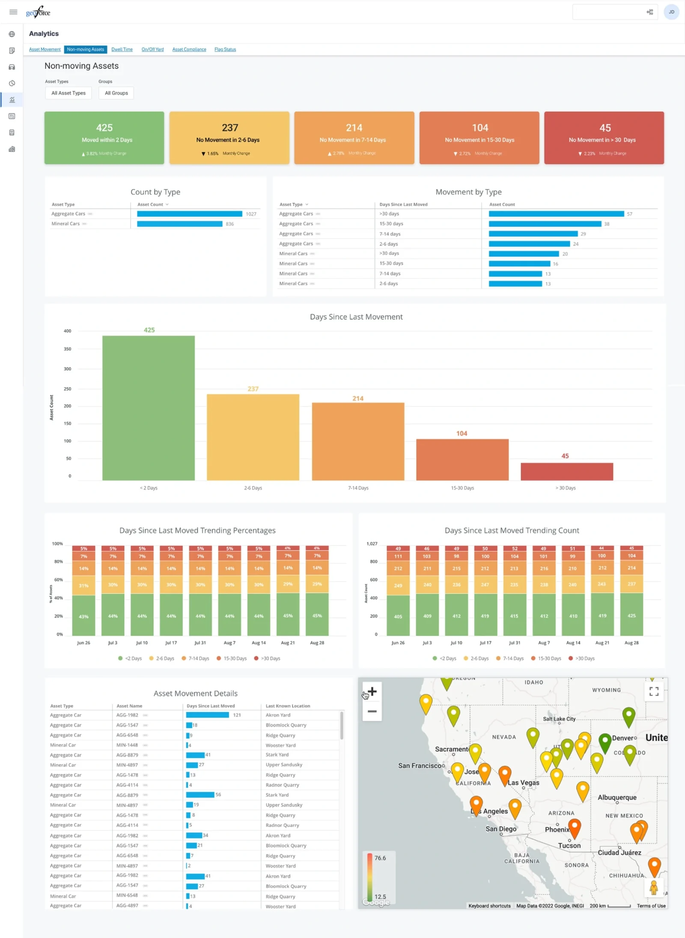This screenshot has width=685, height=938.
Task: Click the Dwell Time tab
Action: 122,49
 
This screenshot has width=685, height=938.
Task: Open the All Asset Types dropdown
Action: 68,93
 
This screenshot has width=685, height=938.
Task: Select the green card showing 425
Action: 104,137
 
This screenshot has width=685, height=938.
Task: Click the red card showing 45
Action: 604,137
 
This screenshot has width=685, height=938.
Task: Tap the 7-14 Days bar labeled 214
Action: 358,441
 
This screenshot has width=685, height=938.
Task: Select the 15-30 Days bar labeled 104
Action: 462,459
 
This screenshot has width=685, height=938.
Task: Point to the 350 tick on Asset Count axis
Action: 68,349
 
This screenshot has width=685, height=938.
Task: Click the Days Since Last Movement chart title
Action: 356,317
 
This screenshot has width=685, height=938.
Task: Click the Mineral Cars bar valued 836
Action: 180,224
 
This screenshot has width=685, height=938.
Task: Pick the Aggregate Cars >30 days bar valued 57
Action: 556,214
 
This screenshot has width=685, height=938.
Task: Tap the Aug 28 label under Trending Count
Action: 631,643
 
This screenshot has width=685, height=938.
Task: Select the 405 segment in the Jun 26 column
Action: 398,616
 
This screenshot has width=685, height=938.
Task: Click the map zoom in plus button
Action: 372,691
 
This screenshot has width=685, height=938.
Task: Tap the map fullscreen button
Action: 654,691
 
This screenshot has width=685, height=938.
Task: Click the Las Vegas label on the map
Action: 524,783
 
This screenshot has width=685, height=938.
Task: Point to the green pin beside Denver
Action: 605,741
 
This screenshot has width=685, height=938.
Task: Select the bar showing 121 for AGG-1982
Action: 208,715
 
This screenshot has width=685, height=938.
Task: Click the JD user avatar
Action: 671,12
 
